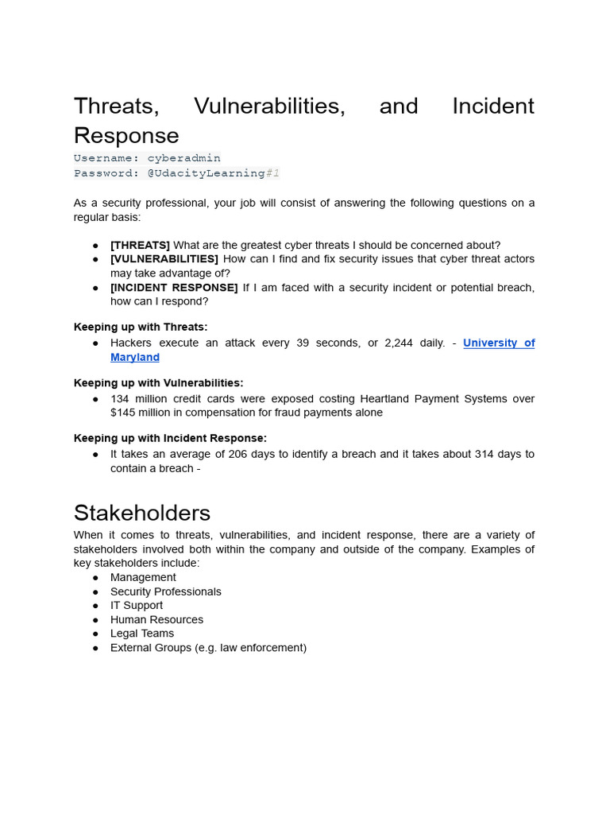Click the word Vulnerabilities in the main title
[x=269, y=107]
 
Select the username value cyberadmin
[x=183, y=158]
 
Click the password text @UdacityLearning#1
[x=214, y=173]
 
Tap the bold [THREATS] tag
[x=140, y=245]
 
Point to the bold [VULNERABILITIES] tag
[x=164, y=259]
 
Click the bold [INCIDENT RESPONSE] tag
[x=174, y=287]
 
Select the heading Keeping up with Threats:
[x=141, y=327]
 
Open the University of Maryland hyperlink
[x=498, y=343]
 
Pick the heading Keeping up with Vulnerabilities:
[x=158, y=382]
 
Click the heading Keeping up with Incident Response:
[x=170, y=438]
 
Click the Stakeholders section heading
[x=142, y=513]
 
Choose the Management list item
[x=143, y=577]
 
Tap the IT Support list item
[x=137, y=605]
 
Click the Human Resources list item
[x=156, y=619]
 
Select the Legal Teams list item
[x=142, y=634]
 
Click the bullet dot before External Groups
[x=95, y=648]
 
